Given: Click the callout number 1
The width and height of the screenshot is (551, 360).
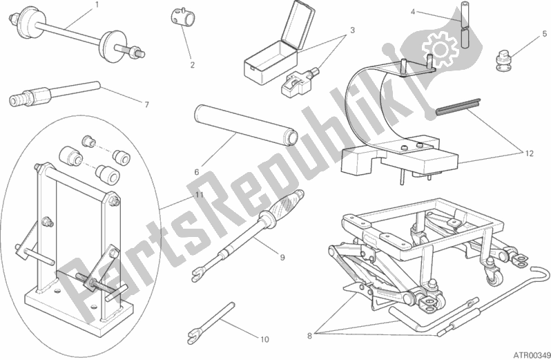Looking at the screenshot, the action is tap(97, 5).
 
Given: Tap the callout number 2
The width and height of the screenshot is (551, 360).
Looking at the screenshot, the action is tap(192, 65).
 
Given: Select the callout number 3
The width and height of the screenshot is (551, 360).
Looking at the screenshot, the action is tap(352, 30).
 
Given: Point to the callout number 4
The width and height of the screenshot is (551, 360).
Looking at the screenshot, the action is tap(413, 12).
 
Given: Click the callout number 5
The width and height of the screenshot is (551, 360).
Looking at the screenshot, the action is tap(545, 34).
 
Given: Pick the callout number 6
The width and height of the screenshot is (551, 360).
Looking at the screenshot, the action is tap(197, 172).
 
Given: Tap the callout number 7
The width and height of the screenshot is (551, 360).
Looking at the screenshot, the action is tap(147, 105).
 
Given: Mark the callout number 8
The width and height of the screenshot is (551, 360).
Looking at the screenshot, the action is tap(309, 336).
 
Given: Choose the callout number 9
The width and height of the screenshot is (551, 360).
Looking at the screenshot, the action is tap(282, 258).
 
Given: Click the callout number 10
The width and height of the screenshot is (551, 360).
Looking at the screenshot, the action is tap(264, 339).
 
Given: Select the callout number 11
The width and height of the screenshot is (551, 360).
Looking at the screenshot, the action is tap(200, 195).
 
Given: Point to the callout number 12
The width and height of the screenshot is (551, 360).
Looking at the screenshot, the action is tap(529, 153).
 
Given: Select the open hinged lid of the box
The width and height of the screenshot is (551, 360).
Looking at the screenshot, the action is tap(298, 26).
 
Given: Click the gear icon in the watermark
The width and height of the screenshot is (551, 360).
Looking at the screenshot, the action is tap(440, 49).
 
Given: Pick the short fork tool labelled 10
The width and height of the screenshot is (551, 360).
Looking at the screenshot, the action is tap(211, 323).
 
